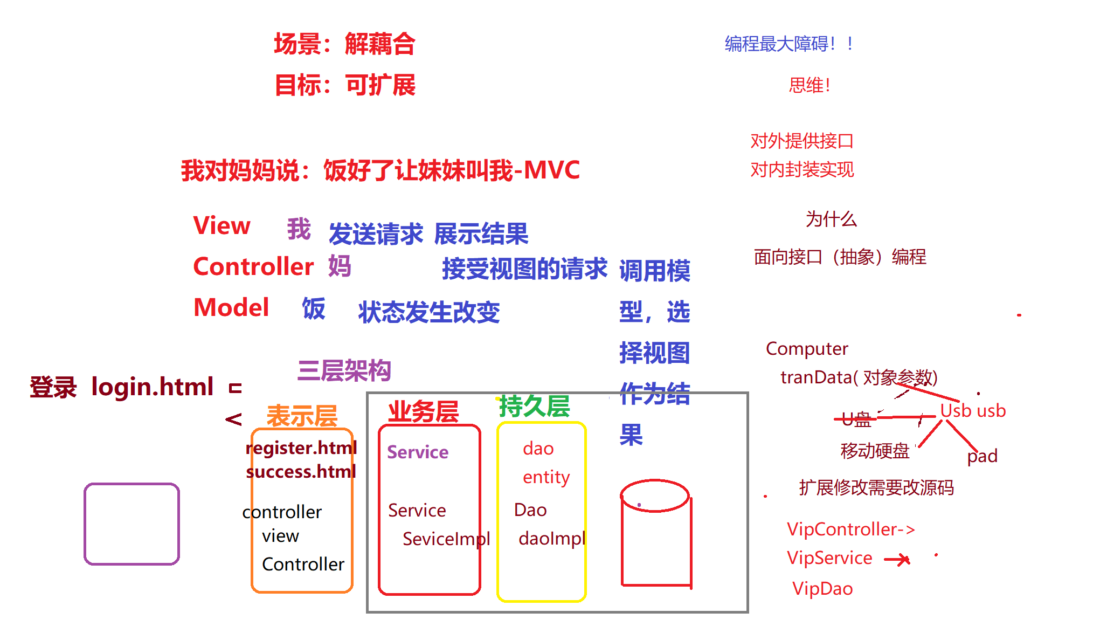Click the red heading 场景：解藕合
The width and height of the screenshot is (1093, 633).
pos(344,44)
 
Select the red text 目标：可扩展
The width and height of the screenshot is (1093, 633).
pos(345,85)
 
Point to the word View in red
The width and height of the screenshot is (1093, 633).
pos(222,225)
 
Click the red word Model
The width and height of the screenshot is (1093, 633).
pos(231,307)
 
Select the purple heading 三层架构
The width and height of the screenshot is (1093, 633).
pos(344,370)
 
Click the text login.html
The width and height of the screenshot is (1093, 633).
pos(153,387)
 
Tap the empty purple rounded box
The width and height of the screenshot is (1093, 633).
pos(132,524)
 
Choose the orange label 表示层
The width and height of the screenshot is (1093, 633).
pos(302,416)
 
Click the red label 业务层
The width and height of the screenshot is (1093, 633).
pos(423,412)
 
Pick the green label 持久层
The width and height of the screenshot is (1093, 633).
pos(534,406)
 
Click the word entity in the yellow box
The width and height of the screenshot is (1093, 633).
pos(546,477)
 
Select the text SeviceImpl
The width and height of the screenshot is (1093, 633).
pos(446,539)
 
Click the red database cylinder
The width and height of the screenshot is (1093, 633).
pos(655,534)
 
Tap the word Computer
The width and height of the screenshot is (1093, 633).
pos(807,349)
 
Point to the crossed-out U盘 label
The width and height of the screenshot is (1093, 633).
pos(856,419)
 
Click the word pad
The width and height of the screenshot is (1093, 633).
pos(982,456)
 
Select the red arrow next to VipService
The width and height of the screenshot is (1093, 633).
pos(897,560)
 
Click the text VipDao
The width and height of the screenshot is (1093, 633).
pos(822,588)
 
